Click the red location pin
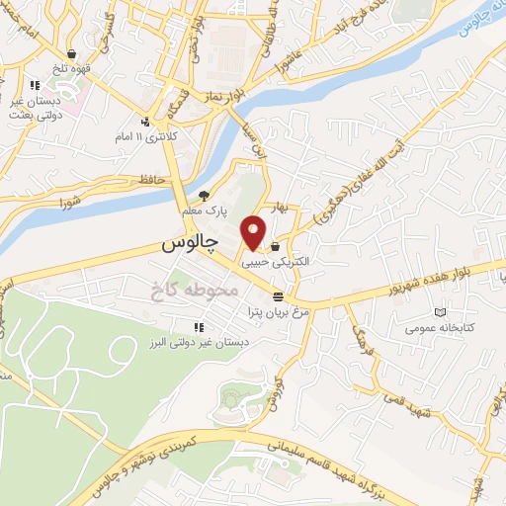(254, 232)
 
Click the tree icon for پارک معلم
(205, 195)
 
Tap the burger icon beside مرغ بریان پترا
(280, 295)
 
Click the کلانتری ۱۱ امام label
(172, 134)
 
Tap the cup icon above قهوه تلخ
(72, 54)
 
